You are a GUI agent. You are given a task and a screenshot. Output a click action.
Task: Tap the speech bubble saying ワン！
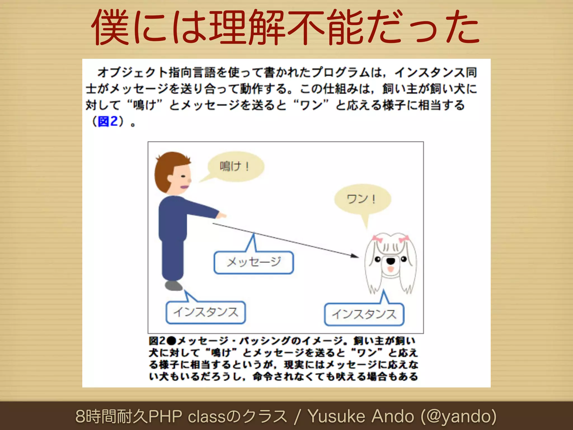pos(362,199)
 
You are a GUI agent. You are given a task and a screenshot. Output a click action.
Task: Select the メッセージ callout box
pos(253,262)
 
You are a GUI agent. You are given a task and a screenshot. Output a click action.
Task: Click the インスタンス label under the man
pos(206,312)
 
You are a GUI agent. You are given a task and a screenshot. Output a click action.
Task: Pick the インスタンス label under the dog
pos(364,314)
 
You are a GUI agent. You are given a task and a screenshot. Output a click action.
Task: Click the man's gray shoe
pos(173,286)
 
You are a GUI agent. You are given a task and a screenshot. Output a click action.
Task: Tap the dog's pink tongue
pos(391,270)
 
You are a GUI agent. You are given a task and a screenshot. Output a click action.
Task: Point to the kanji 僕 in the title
pos(110,27)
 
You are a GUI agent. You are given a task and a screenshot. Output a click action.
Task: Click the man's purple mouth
pos(185,187)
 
